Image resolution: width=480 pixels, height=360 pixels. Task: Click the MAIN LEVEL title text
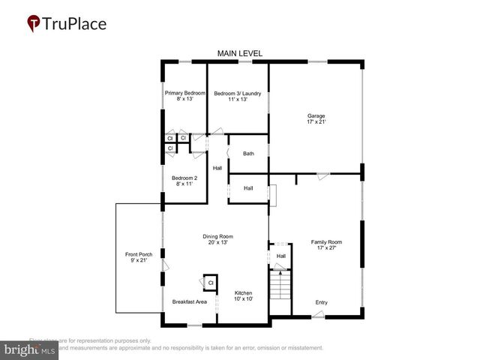point(240,53)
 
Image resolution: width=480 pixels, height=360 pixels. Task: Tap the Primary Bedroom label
point(184,93)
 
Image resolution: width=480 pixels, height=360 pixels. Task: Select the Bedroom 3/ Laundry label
point(237,93)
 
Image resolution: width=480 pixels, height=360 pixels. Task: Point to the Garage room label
point(316,116)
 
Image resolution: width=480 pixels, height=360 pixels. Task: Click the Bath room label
point(248,154)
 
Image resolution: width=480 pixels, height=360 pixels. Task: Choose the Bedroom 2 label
point(184,178)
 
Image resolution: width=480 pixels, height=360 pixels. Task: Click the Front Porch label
point(139,255)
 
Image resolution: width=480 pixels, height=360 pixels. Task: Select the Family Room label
point(326,241)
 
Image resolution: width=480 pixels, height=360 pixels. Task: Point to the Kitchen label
point(244,292)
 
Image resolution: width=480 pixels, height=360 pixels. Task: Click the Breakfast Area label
point(189,301)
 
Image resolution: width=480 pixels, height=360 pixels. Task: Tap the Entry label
point(321,302)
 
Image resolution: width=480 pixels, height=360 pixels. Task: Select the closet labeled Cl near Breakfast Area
point(211,283)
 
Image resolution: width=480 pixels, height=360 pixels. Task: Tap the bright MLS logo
point(29,349)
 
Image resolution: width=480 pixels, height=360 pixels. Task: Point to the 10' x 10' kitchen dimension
point(244,299)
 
